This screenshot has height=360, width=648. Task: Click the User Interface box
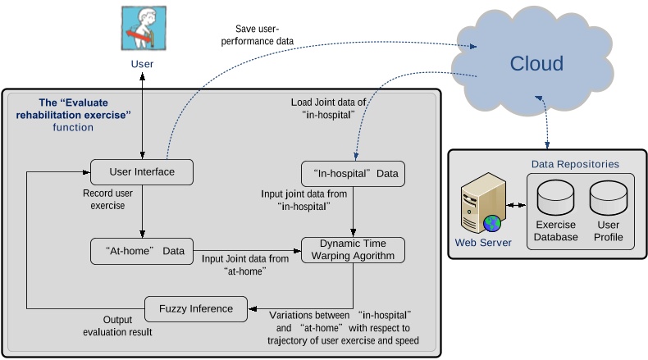coord(142,171)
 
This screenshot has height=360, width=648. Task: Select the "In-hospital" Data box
coord(353,175)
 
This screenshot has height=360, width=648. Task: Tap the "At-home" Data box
coord(143,250)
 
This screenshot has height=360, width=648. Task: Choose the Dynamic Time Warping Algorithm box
coord(354,249)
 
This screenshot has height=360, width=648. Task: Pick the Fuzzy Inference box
coord(194,308)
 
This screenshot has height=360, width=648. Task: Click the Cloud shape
coord(537,64)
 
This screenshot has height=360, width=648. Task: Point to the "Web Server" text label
coord(484,242)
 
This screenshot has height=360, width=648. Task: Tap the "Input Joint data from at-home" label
coord(246,264)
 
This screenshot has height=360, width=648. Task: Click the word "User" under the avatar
coord(142,63)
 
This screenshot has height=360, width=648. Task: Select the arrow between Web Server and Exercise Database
coord(518,205)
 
